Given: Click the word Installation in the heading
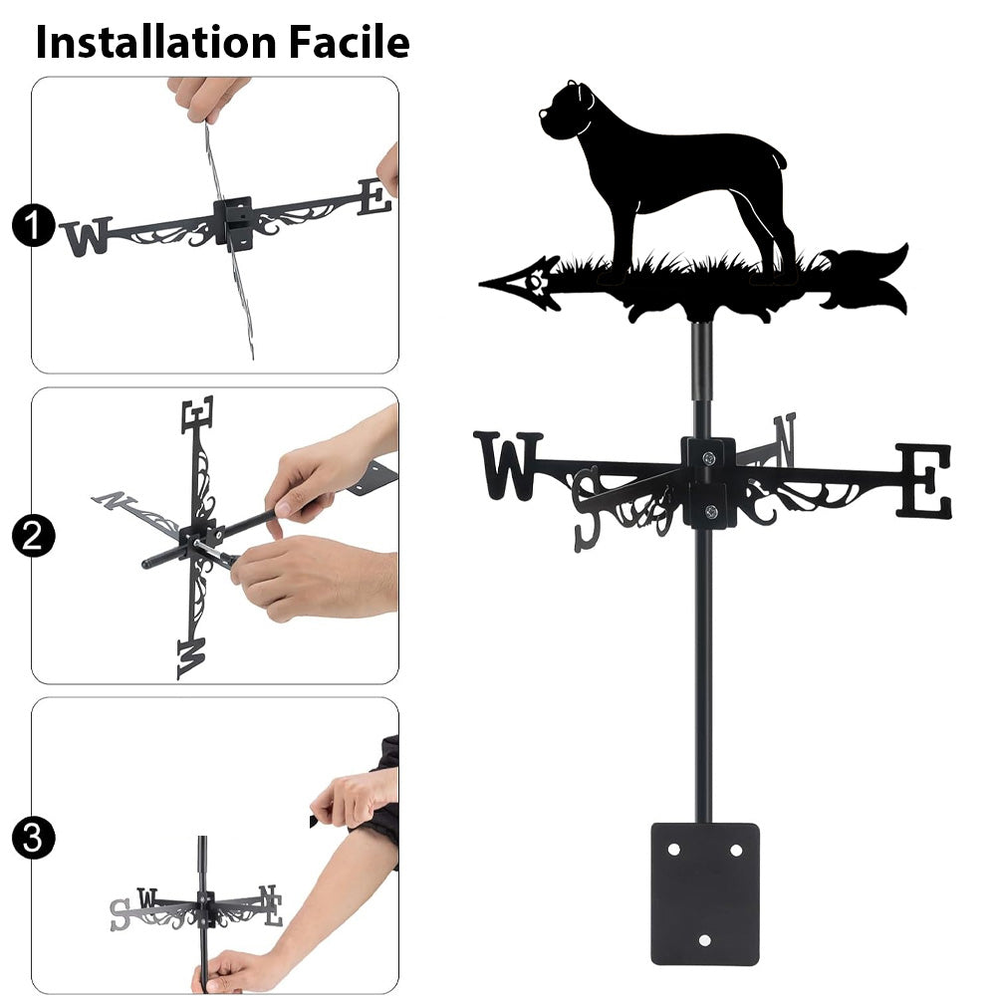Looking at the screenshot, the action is click(x=156, y=43).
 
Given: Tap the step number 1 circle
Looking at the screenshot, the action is click(x=33, y=225).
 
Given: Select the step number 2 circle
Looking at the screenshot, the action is click(x=33, y=536).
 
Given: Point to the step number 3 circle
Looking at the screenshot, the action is click(x=33, y=838).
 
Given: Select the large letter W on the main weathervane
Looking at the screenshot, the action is click(x=508, y=465).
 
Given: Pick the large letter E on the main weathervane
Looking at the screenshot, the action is click(x=924, y=481).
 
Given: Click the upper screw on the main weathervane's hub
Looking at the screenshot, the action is click(x=709, y=457).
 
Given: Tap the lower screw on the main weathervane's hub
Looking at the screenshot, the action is click(x=711, y=510).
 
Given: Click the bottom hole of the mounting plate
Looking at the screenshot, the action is click(x=704, y=940).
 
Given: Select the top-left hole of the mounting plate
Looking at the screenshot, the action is click(x=674, y=850).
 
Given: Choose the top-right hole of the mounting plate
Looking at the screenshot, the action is click(x=736, y=850).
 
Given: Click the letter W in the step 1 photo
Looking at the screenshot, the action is click(x=87, y=236).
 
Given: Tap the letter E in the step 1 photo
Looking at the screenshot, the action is click(x=374, y=197).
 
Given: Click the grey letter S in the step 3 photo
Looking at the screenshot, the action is click(x=120, y=914).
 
